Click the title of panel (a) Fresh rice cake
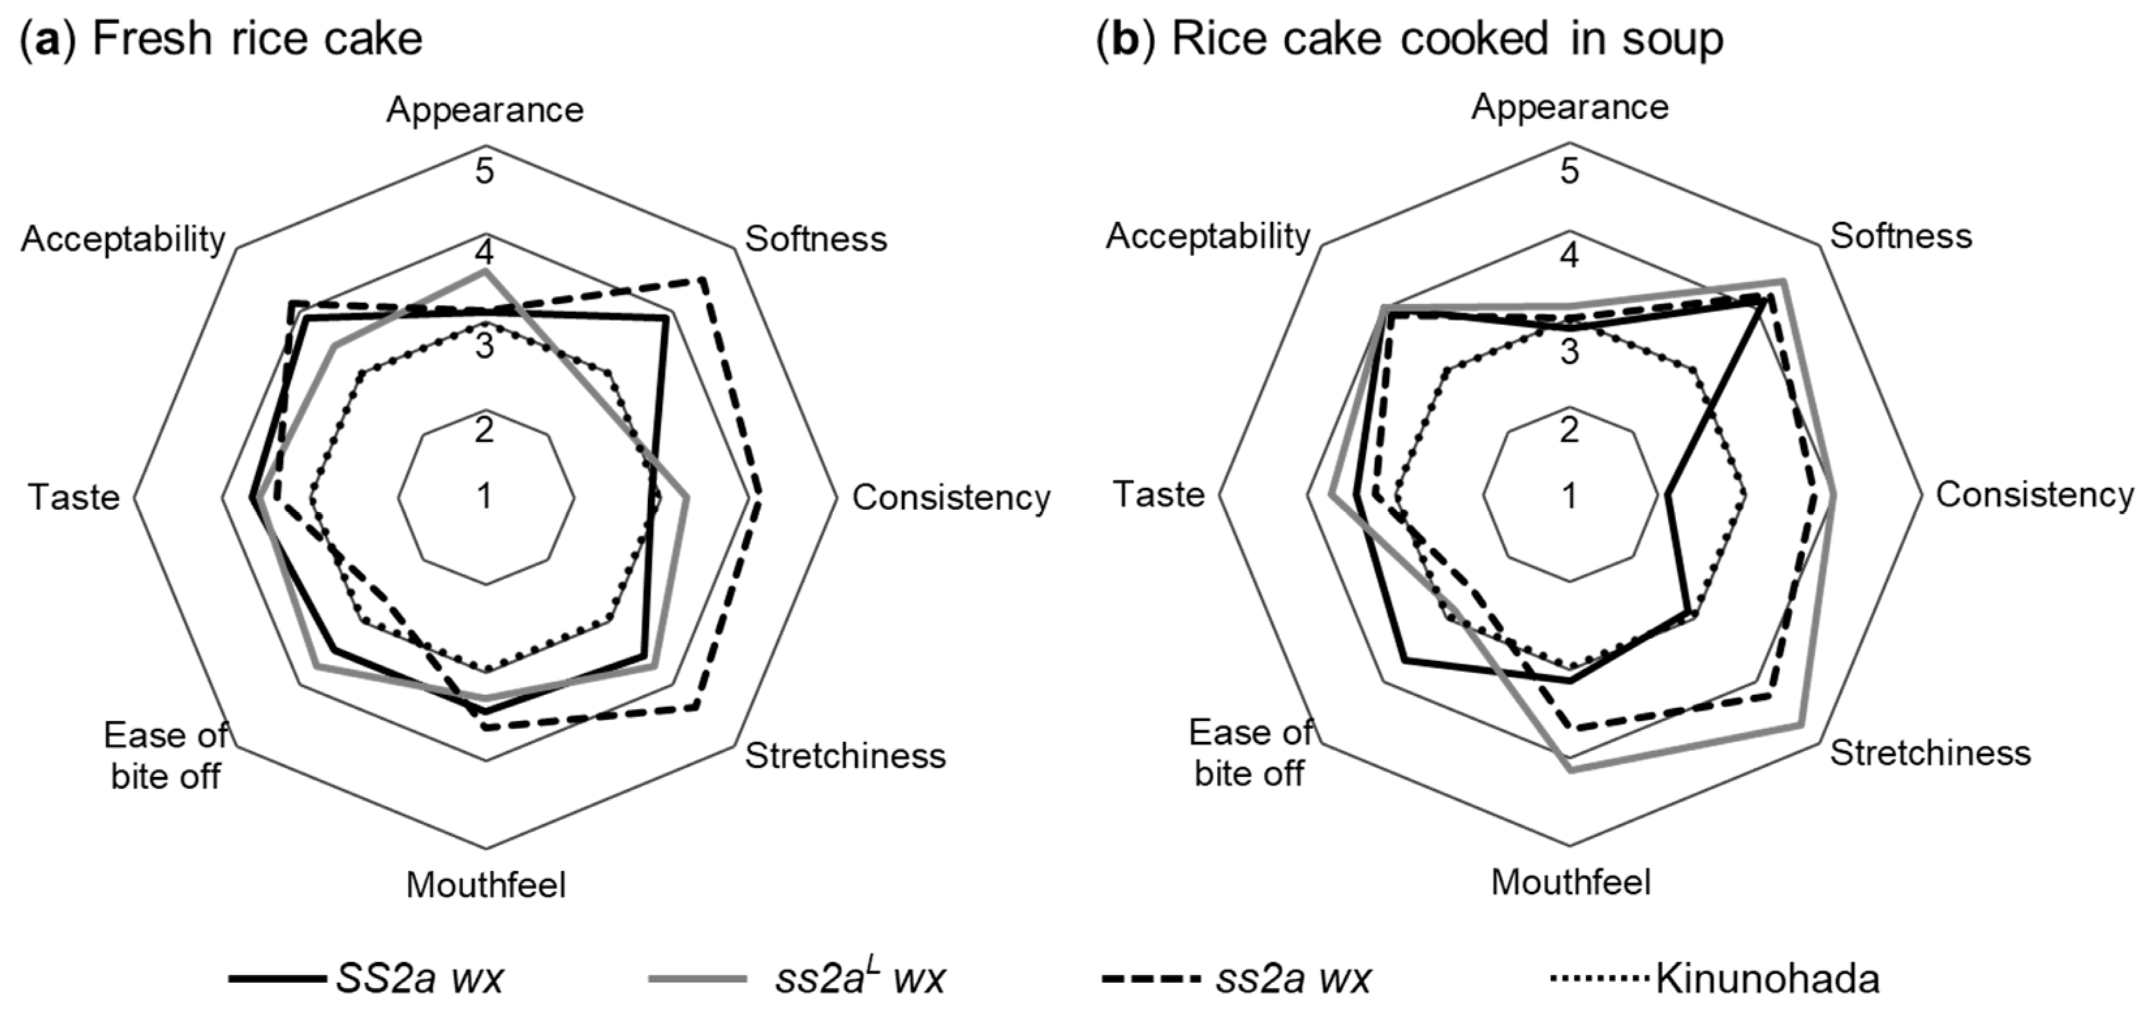221,39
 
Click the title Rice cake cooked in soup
1410,39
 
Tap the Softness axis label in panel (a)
816,239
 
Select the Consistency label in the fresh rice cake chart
951,498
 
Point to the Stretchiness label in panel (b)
1930,753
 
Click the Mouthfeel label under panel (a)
485,885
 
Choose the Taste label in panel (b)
1160,494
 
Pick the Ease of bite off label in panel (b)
1249,753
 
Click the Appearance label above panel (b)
1570,107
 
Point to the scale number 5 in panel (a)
485,172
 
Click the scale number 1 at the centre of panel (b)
1570,496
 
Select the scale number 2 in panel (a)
485,431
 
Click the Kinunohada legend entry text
1767,979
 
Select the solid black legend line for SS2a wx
278,979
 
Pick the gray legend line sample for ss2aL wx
698,979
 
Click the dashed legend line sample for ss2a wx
1151,979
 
